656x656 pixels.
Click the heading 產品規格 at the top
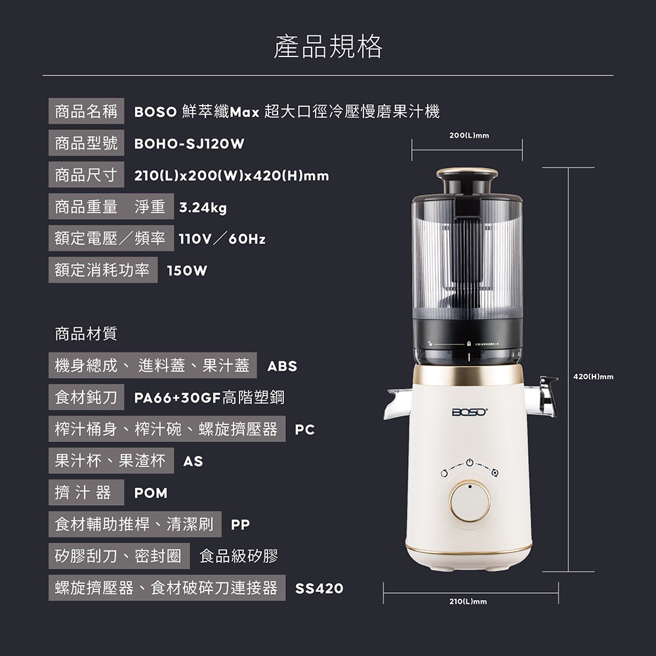328,47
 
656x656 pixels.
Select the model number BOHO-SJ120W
189,144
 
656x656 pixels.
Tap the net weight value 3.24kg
203,207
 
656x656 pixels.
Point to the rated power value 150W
187,271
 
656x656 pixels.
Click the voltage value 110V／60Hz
222,239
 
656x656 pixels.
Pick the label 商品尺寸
86,175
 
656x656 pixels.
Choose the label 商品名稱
86,112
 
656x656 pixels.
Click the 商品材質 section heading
86,334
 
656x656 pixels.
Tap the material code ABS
282,366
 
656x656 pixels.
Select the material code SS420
319,588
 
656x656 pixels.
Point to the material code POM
151,493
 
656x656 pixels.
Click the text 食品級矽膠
239,556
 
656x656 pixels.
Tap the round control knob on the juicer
470,501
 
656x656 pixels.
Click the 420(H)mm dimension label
593,377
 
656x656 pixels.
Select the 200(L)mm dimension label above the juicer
469,136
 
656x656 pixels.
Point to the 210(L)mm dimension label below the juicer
468,601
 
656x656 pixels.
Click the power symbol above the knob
470,462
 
